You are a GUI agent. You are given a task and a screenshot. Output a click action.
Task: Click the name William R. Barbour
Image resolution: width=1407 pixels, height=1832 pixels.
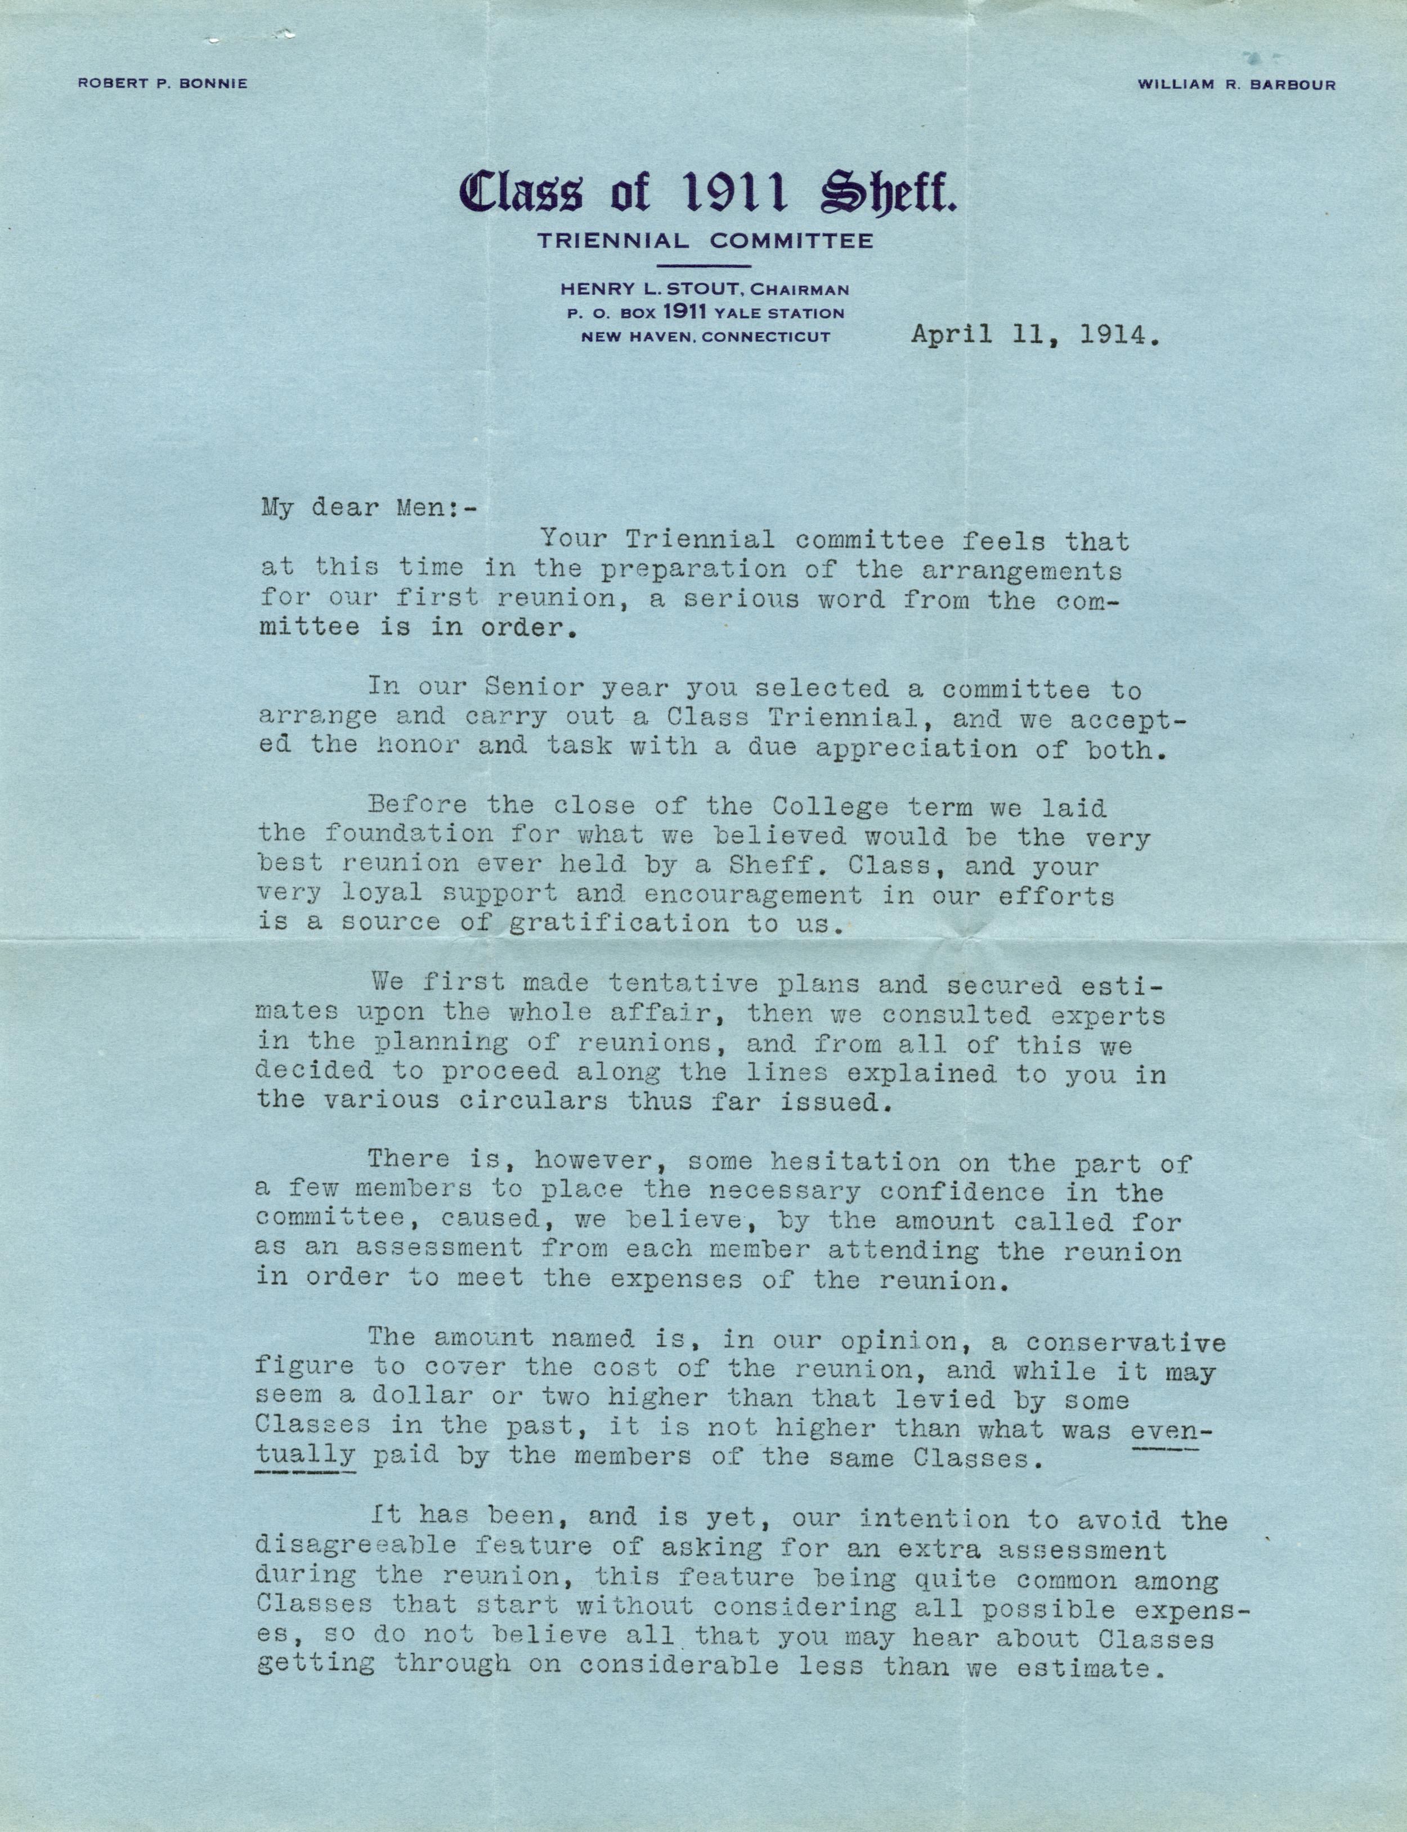coord(1236,84)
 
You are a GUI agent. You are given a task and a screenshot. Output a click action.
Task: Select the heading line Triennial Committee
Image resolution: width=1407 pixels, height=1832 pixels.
coord(705,241)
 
